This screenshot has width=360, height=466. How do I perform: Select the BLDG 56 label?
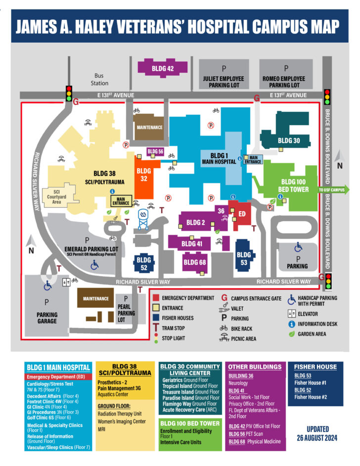[x=155, y=151]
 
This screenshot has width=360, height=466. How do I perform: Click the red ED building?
[x=242, y=214]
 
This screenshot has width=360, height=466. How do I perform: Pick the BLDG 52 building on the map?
[x=144, y=263]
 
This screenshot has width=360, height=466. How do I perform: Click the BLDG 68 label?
[x=195, y=263]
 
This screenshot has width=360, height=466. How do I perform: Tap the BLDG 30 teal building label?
[x=288, y=140]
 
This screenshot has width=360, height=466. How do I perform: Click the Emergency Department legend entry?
[x=187, y=298]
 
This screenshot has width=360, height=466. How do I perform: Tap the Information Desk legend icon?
[x=292, y=324]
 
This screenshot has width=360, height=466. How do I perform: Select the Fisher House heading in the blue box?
[x=315, y=367]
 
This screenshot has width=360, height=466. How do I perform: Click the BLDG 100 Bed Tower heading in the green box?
[x=189, y=423]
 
